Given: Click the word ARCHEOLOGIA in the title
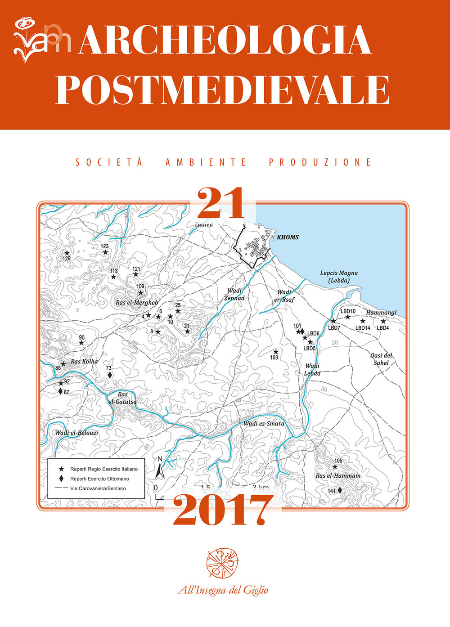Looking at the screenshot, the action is coord(225,40).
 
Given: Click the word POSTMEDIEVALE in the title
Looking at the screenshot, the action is coord(222,90).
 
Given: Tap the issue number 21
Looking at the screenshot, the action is coord(220,203).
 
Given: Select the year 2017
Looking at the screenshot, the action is coord(223,511).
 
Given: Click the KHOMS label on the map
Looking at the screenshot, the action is coord(288,237).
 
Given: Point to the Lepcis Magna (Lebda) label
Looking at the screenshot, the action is coord(339,277).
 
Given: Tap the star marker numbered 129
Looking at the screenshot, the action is coord(67,253).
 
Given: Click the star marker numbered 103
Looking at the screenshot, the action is coord(276,352).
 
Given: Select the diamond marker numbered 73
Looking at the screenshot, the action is coord(110,375).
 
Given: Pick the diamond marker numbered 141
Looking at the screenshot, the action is coord(340,490).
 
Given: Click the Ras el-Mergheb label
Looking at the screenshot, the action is coord(137,303).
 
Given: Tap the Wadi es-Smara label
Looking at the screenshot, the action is coord(264,423).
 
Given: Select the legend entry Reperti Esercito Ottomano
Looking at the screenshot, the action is coord(99,479).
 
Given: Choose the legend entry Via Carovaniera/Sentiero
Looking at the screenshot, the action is coord(98,488).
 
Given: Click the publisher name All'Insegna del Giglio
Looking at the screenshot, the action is coord(223,590).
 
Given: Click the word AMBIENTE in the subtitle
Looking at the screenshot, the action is coord(206,162).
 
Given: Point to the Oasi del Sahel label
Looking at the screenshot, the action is coord(381,359).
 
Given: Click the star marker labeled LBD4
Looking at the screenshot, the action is coord(383,321).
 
